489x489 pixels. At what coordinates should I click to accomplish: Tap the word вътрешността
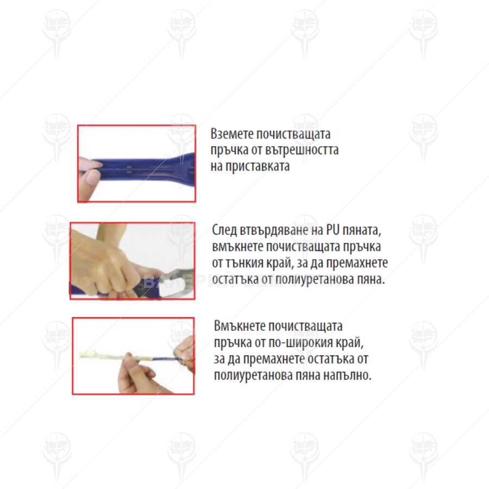coord(302,150)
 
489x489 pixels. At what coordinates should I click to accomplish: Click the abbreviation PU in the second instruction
coord(333,230)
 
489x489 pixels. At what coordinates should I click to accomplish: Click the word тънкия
coord(244,263)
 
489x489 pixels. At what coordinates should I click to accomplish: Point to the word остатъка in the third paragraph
coord(331,359)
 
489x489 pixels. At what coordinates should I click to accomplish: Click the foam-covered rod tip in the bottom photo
coord(90,355)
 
